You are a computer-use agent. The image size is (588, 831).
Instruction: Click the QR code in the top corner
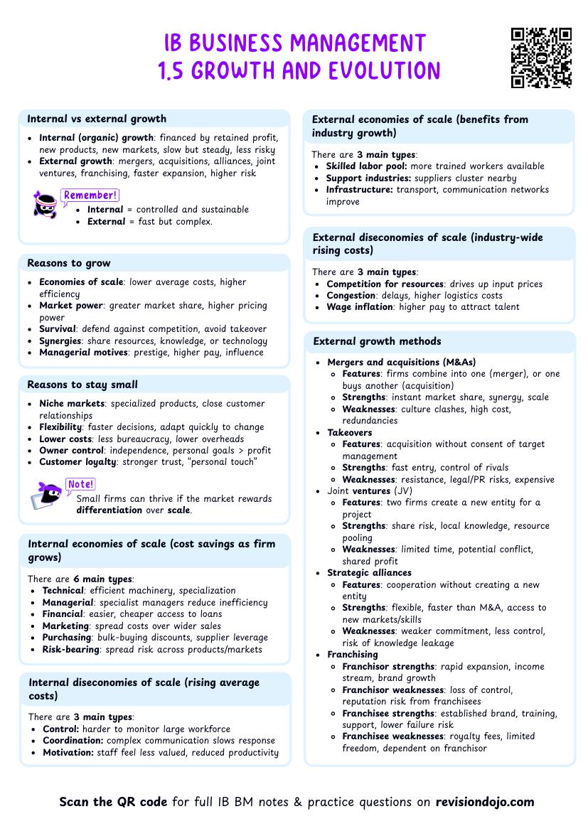[541, 58]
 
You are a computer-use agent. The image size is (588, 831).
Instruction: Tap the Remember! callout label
[90, 195]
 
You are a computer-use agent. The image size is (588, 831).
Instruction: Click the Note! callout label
[80, 484]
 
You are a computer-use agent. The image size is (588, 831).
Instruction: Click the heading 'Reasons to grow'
[69, 263]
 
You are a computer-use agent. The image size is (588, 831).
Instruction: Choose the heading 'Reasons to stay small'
[82, 385]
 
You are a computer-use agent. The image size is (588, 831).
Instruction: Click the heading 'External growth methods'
[377, 341]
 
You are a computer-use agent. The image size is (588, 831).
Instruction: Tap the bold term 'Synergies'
[60, 341]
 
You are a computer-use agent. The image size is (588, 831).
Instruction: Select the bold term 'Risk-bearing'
[70, 649]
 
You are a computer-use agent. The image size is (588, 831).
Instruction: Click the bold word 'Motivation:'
[68, 752]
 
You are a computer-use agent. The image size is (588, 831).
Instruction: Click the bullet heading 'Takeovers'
[349, 432]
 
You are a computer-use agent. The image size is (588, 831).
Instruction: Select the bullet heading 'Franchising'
[353, 654]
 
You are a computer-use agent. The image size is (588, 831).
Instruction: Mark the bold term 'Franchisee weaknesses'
[393, 736]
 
